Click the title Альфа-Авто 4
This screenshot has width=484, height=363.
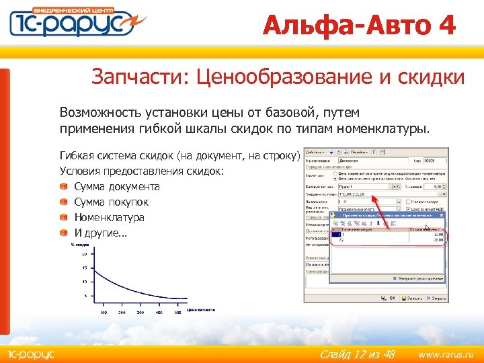tap(359, 26)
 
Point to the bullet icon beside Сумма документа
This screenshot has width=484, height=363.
tap(63, 187)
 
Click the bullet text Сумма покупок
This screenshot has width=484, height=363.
tap(111, 202)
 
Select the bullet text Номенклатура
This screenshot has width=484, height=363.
tap(109, 218)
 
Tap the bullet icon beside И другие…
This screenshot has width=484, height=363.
tap(63, 233)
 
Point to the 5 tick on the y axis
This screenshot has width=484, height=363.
tap(85, 296)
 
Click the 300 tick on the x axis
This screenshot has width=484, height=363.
tap(140, 313)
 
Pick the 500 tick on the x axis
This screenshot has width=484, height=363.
tap(178, 313)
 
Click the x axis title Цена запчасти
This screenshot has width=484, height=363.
tap(201, 309)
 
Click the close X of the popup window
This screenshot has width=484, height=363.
tap(442, 215)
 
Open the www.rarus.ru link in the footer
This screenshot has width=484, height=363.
tap(446, 354)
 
